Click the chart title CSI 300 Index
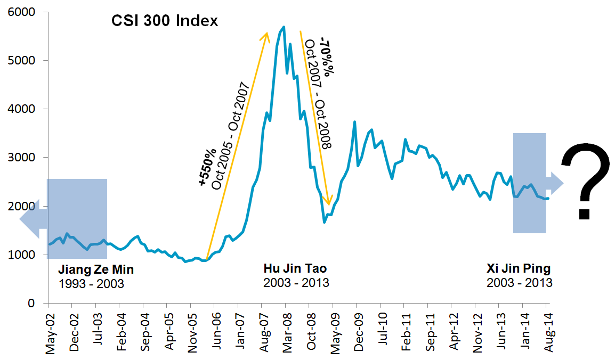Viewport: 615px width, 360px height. click(x=165, y=21)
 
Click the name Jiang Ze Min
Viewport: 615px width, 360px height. click(x=95, y=269)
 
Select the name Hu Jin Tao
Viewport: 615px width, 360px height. click(x=295, y=268)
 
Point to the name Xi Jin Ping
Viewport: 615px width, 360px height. click(x=519, y=268)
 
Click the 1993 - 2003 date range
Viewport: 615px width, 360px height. click(x=91, y=283)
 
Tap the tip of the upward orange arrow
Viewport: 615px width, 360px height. click(x=267, y=32)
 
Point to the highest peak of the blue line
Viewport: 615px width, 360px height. click(x=284, y=27)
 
